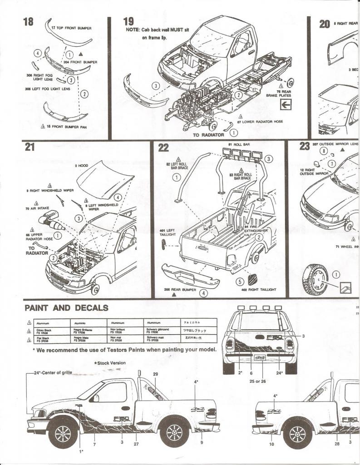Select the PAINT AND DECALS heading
[66, 308]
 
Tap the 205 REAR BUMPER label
[173, 288]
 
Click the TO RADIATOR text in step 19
[208, 135]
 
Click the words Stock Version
[110, 363]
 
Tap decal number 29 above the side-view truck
[155, 373]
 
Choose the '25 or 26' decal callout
[257, 381]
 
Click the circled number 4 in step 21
[117, 197]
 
